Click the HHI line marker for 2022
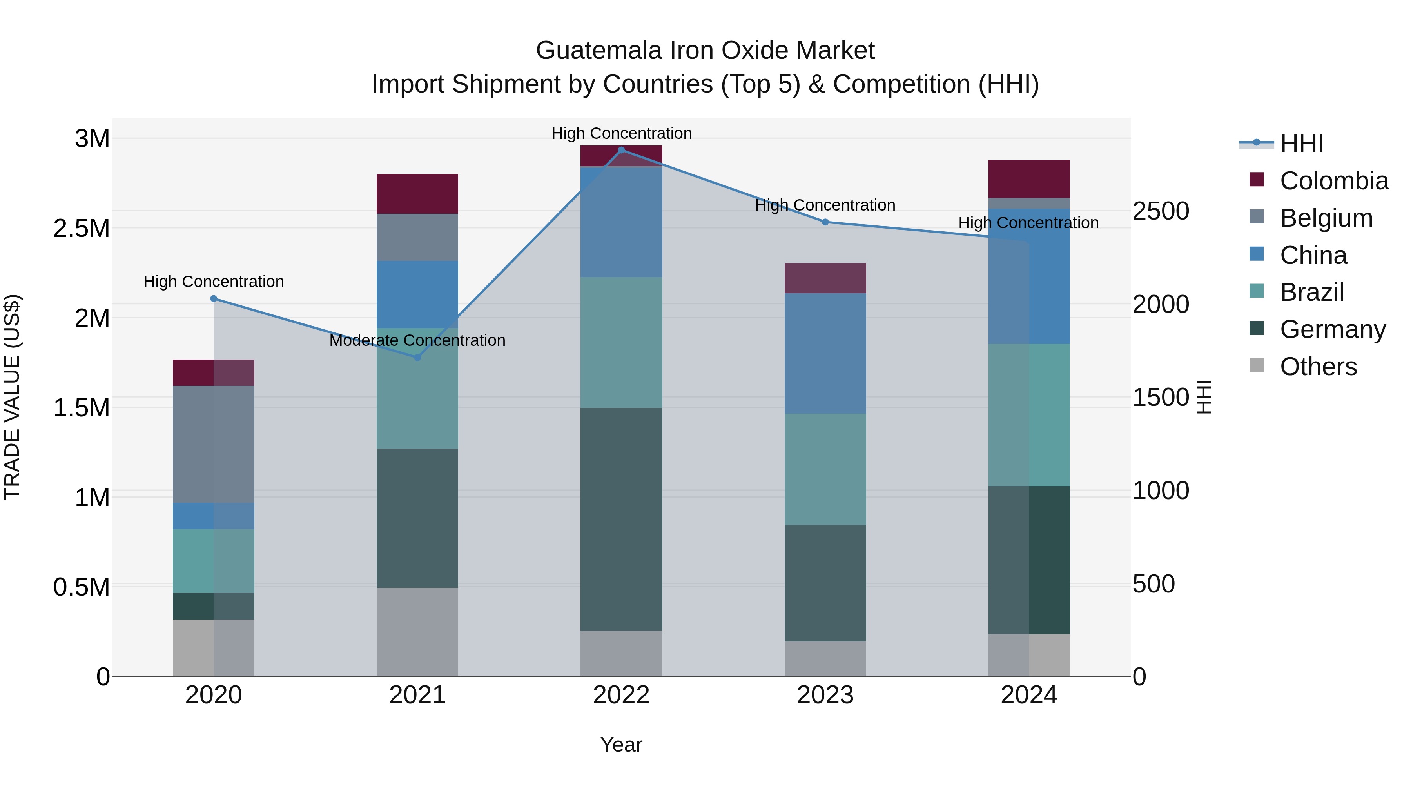[x=621, y=150]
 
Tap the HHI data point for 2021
[x=417, y=357]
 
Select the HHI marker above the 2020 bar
[x=214, y=299]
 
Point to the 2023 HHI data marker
[x=825, y=222]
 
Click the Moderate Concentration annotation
[x=417, y=340]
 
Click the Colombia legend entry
[x=1334, y=181]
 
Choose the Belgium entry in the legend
[x=1326, y=218]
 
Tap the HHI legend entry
[x=1301, y=144]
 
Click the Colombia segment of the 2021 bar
[x=417, y=194]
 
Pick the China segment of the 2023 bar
[x=825, y=353]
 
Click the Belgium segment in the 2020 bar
[x=214, y=444]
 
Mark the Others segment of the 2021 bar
[x=417, y=632]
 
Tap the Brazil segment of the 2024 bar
[x=1029, y=415]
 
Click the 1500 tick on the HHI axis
[x=1160, y=398]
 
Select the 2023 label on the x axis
[x=825, y=695]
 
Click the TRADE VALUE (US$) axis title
[x=13, y=397]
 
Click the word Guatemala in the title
[x=598, y=51]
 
